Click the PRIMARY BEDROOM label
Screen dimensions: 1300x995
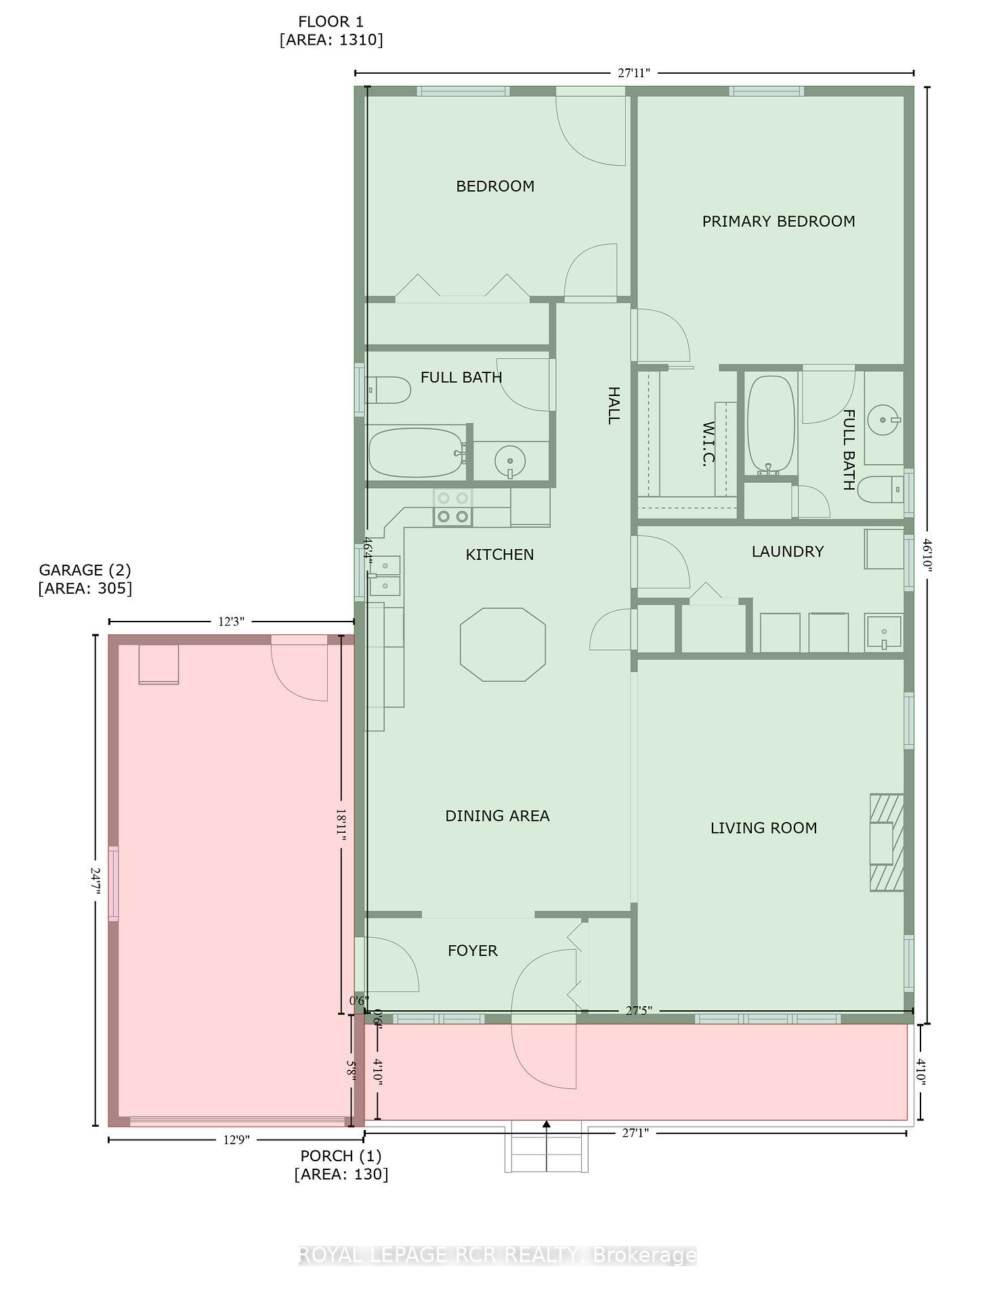tap(778, 221)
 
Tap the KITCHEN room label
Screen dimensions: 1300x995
tap(499, 555)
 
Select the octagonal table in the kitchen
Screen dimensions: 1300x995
tap(503, 644)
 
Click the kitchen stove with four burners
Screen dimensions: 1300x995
tap(452, 507)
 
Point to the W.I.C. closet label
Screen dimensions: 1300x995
tap(708, 443)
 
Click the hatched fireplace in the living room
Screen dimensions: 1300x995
tap(886, 842)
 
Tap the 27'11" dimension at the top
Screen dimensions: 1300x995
tap(633, 73)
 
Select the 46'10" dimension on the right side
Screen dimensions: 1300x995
tap(927, 555)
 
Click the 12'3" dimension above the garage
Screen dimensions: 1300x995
tap(231, 622)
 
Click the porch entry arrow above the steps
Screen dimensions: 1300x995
tap(546, 1125)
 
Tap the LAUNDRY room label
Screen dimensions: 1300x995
tap(787, 551)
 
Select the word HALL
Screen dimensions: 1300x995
tap(613, 406)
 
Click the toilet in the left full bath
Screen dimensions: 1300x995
tap(389, 391)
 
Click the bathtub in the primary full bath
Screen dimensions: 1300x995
tap(770, 423)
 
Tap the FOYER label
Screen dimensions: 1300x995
tap(472, 951)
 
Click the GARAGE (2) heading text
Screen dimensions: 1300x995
tap(85, 570)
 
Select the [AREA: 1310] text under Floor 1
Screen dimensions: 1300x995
tap(331, 40)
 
